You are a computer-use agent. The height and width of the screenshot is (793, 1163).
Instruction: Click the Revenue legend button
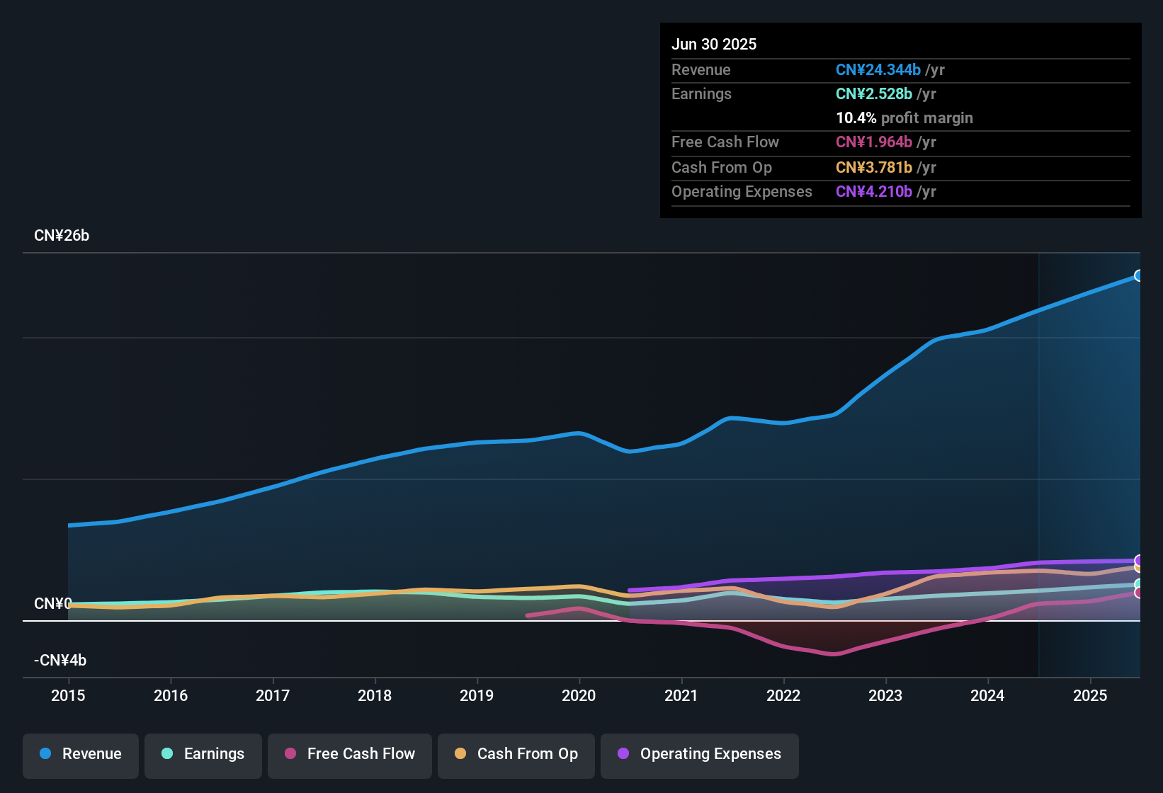coord(81,754)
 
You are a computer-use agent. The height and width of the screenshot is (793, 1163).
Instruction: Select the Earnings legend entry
coord(203,754)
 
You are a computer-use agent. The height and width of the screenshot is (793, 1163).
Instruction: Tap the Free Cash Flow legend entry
coord(350,754)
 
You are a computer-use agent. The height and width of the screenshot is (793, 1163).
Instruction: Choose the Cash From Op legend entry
coord(516,754)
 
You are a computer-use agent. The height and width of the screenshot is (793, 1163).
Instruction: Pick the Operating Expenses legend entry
coord(700,754)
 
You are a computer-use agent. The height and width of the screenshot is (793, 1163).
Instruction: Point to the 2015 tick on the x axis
coord(68,695)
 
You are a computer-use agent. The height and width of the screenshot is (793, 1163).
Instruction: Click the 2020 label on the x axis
coord(579,695)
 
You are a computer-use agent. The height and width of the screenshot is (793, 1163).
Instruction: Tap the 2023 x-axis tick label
coord(885,695)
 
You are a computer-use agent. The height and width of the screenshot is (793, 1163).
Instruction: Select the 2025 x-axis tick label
coord(1090,695)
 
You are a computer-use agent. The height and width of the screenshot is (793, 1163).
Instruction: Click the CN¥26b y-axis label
coord(62,236)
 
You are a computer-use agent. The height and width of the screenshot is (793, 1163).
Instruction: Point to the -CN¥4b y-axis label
coord(60,661)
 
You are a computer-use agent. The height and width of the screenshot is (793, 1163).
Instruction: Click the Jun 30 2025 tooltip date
coord(714,45)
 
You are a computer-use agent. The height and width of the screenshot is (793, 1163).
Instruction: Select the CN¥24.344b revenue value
coord(878,70)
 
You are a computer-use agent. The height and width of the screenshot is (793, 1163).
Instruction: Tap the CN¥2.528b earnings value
coord(874,94)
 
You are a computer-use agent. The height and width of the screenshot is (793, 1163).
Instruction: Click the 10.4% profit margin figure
coord(856,118)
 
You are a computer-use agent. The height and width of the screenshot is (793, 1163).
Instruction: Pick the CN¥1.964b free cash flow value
coord(874,142)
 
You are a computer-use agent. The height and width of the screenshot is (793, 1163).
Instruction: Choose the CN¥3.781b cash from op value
coord(874,168)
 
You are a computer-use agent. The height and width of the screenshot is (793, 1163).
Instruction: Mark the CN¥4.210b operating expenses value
coord(874,192)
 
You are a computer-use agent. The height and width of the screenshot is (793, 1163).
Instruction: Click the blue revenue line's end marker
coord(1139,275)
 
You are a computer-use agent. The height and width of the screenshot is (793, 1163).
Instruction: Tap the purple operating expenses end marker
coord(1139,560)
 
